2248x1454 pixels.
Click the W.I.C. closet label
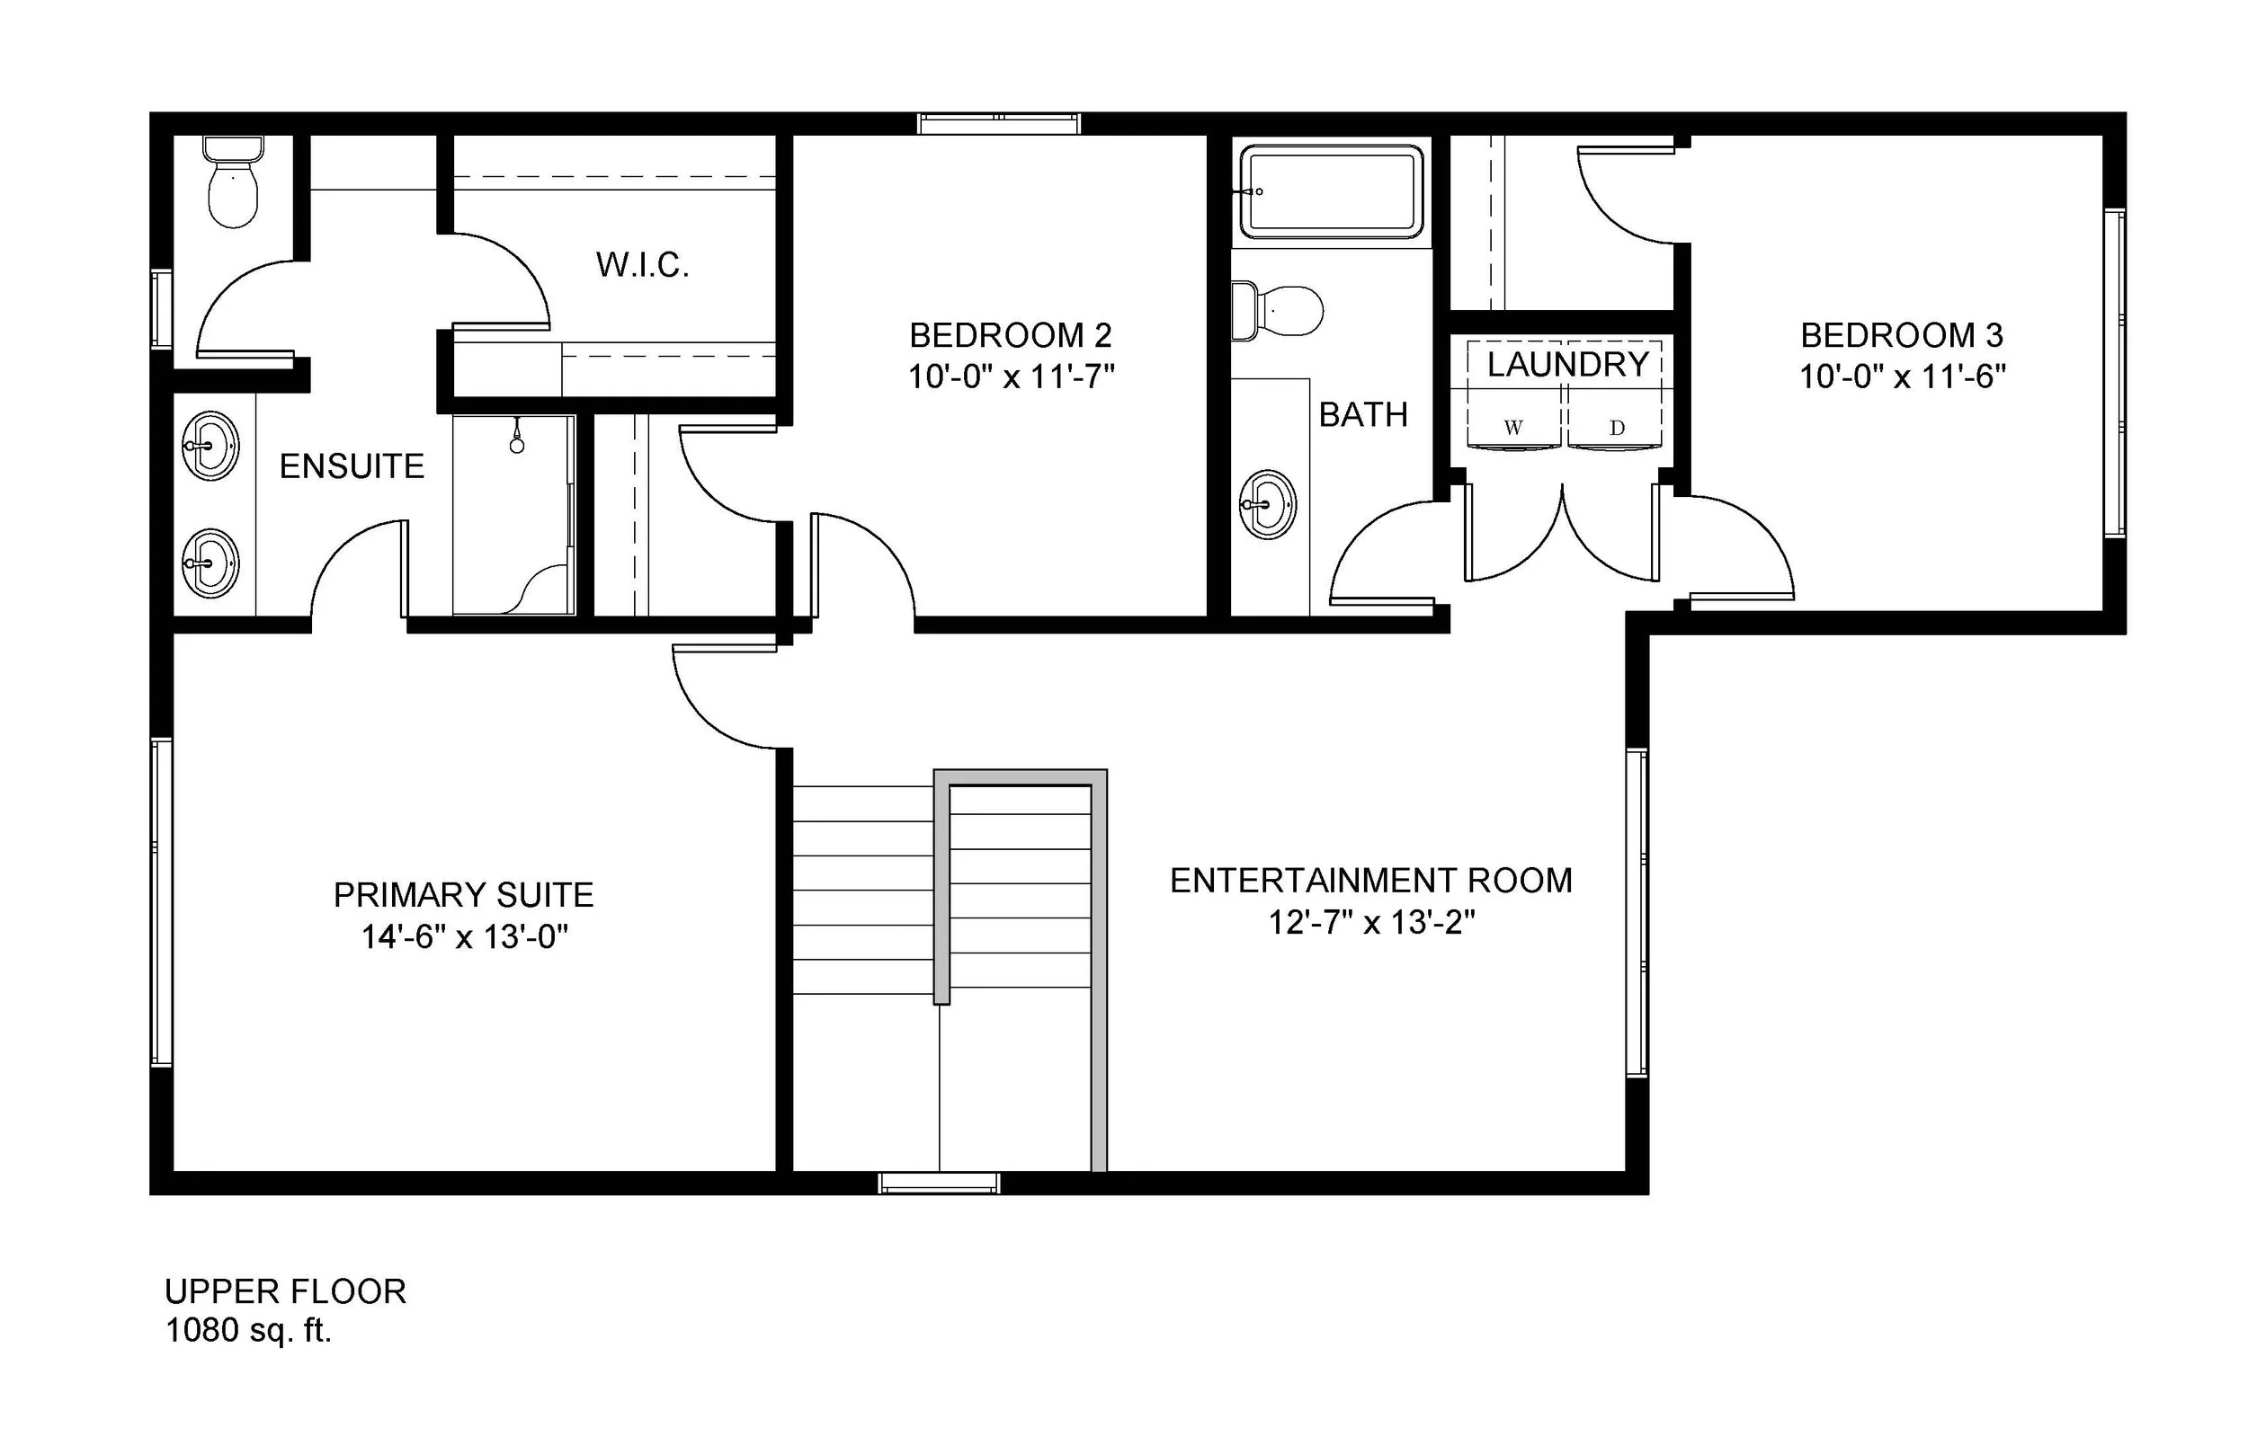pyautogui.click(x=642, y=265)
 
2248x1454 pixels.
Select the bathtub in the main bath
pyautogui.click(x=1332, y=191)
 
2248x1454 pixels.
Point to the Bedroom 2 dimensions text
pyautogui.click(x=1011, y=377)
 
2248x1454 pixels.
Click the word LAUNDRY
pyautogui.click(x=1568, y=365)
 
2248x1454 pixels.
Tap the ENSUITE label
pyautogui.click(x=352, y=466)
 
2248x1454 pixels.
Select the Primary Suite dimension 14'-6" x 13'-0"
pyautogui.click(x=464, y=936)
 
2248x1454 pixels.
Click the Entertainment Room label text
pyautogui.click(x=1370, y=881)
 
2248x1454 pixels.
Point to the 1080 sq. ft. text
pyautogui.click(x=248, y=1330)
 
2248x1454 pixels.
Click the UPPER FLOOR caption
pyautogui.click(x=285, y=1290)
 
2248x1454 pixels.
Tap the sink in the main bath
pyautogui.click(x=1268, y=504)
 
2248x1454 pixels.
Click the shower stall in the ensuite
pyautogui.click(x=513, y=515)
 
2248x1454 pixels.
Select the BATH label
pyautogui.click(x=1363, y=414)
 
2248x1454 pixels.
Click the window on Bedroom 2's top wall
pyautogui.click(x=999, y=124)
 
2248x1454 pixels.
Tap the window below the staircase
pyautogui.click(x=939, y=1183)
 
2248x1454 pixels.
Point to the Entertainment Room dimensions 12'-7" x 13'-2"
pyautogui.click(x=1371, y=922)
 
